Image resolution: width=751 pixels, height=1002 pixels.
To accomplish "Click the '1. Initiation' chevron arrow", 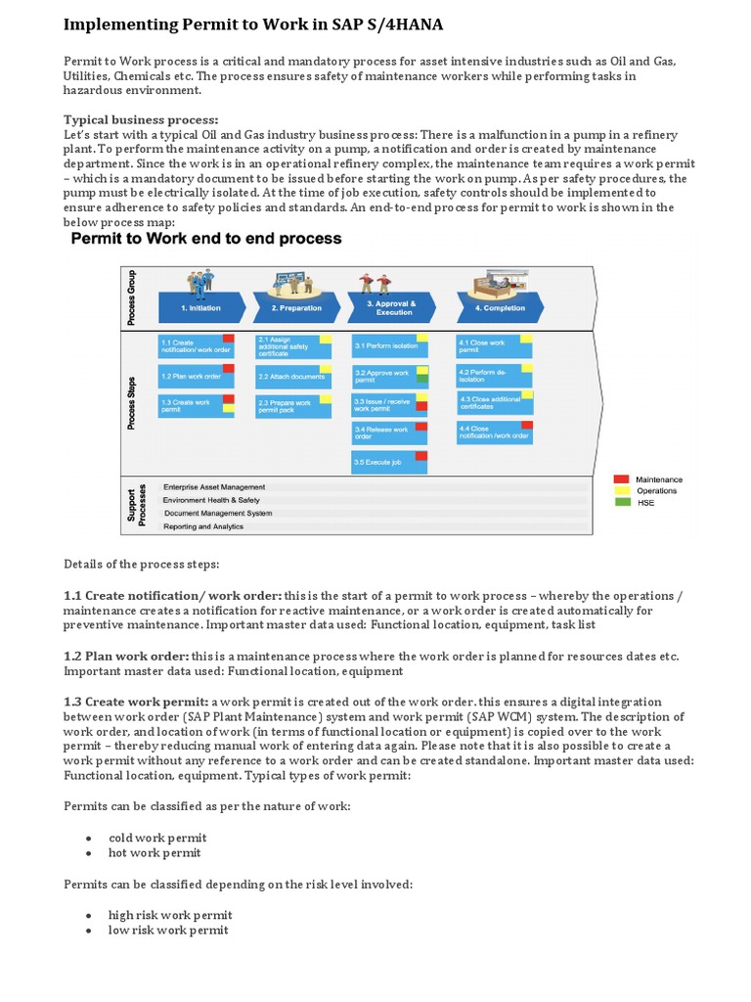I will [x=200, y=307].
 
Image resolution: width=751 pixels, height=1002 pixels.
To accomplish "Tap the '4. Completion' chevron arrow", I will [x=500, y=307].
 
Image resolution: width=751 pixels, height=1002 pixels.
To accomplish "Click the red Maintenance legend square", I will [x=621, y=479].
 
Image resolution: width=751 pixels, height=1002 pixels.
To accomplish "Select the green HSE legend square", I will [x=621, y=503].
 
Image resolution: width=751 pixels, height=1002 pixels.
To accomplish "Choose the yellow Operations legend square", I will [x=621, y=491].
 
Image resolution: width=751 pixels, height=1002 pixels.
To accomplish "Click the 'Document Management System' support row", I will [x=218, y=513].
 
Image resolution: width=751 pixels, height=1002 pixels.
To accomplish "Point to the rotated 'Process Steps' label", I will [x=132, y=403].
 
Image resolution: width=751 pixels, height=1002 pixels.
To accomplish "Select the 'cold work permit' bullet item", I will [x=157, y=838].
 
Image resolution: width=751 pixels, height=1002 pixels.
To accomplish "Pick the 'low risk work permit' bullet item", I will [x=168, y=930].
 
